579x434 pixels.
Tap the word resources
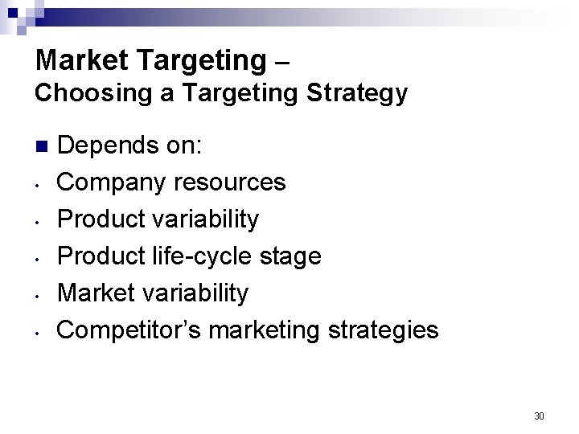point(234,182)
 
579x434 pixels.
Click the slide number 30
point(539,416)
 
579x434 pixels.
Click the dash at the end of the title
point(279,60)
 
